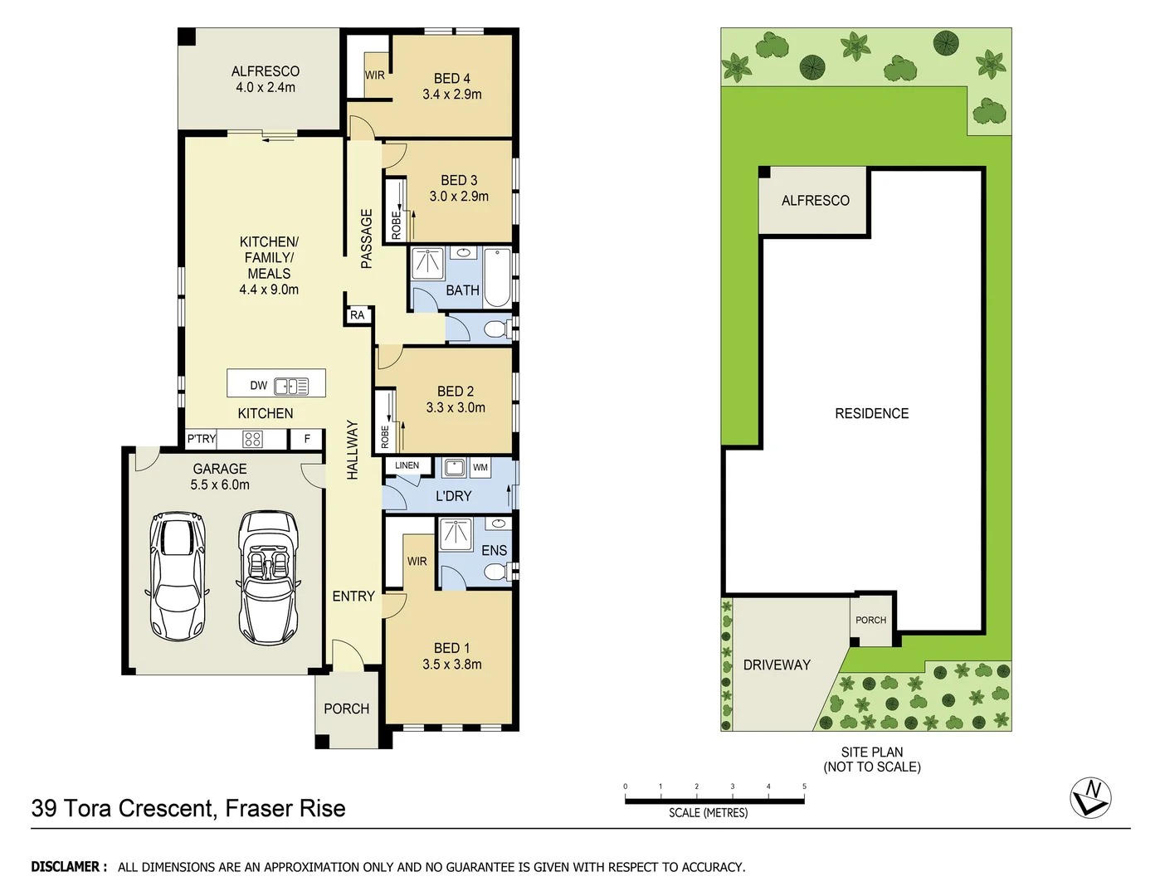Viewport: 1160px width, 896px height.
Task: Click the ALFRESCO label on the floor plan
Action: pos(265,71)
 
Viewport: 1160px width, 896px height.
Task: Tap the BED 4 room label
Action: pos(451,79)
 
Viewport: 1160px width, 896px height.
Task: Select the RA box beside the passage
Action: pos(357,315)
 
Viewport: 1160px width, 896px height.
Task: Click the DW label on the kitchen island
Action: pos(259,385)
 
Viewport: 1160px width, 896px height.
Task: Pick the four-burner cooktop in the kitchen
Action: pos(252,439)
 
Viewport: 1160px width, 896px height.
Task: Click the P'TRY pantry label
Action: pos(202,439)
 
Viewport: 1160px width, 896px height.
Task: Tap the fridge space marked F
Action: pos(307,439)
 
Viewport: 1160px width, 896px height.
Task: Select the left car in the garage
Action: pos(178,575)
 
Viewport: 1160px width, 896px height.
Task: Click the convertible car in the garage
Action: pos(268,577)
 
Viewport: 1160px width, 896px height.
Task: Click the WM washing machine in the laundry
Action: pos(480,468)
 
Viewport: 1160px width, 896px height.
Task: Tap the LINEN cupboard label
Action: pos(407,465)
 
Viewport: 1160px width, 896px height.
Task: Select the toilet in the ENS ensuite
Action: pos(498,572)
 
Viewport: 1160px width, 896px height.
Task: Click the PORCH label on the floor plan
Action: pos(346,709)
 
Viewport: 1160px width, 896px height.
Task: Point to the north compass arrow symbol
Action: pos(1091,797)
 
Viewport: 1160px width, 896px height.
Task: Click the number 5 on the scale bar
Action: pos(804,786)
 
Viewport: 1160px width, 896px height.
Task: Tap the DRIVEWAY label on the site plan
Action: pos(777,665)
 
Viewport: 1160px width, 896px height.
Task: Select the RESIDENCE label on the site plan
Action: pos(871,413)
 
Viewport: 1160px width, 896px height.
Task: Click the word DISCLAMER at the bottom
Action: pos(69,867)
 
